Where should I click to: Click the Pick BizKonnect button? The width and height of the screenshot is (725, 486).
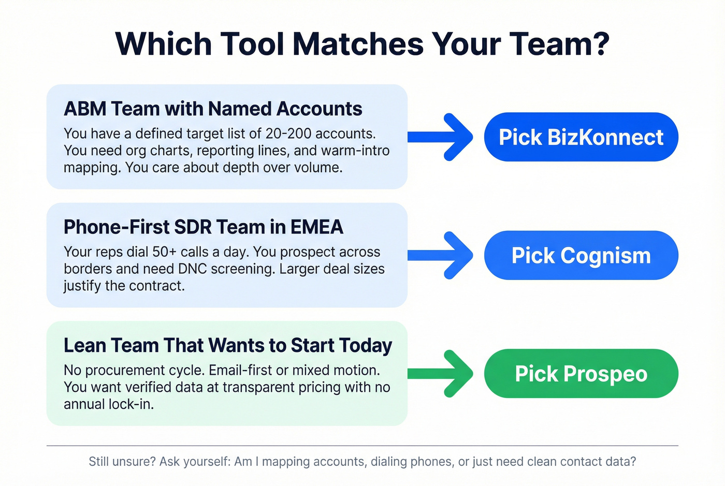(581, 137)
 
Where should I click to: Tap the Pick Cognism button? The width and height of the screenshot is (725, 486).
(581, 256)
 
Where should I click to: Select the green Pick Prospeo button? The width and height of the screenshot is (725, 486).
(581, 374)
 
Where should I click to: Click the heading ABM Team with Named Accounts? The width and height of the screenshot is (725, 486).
(213, 109)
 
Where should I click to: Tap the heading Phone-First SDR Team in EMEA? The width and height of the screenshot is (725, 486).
(204, 227)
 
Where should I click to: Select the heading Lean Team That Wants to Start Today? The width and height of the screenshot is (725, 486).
(228, 345)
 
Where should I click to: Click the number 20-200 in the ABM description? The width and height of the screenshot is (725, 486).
(288, 134)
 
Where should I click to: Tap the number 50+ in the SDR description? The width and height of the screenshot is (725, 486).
(165, 252)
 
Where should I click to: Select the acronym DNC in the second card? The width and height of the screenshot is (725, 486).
(193, 269)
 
